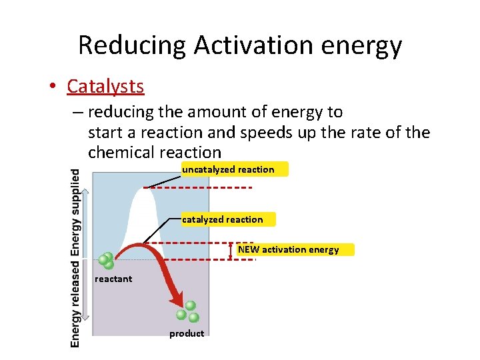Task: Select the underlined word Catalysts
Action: [105, 87]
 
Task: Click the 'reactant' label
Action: [113, 279]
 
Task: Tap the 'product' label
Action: [187, 333]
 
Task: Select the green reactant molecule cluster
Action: [105, 261]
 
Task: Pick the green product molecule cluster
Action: [187, 311]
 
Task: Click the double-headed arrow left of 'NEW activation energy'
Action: [231, 250]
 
